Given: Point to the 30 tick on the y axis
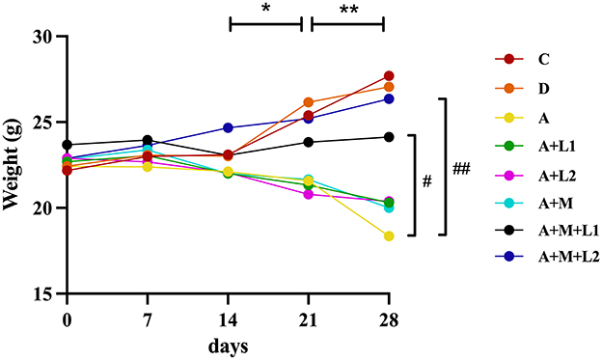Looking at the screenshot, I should click(x=43, y=37).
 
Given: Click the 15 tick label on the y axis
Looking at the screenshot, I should click(x=43, y=293).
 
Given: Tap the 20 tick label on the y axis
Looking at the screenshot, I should click(x=43, y=208).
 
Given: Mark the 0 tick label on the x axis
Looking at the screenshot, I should click(x=67, y=318).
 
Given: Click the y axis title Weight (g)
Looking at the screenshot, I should click(x=14, y=164).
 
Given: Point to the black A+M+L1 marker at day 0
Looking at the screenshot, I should click(x=67, y=145).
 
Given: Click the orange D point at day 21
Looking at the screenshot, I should click(x=309, y=102).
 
